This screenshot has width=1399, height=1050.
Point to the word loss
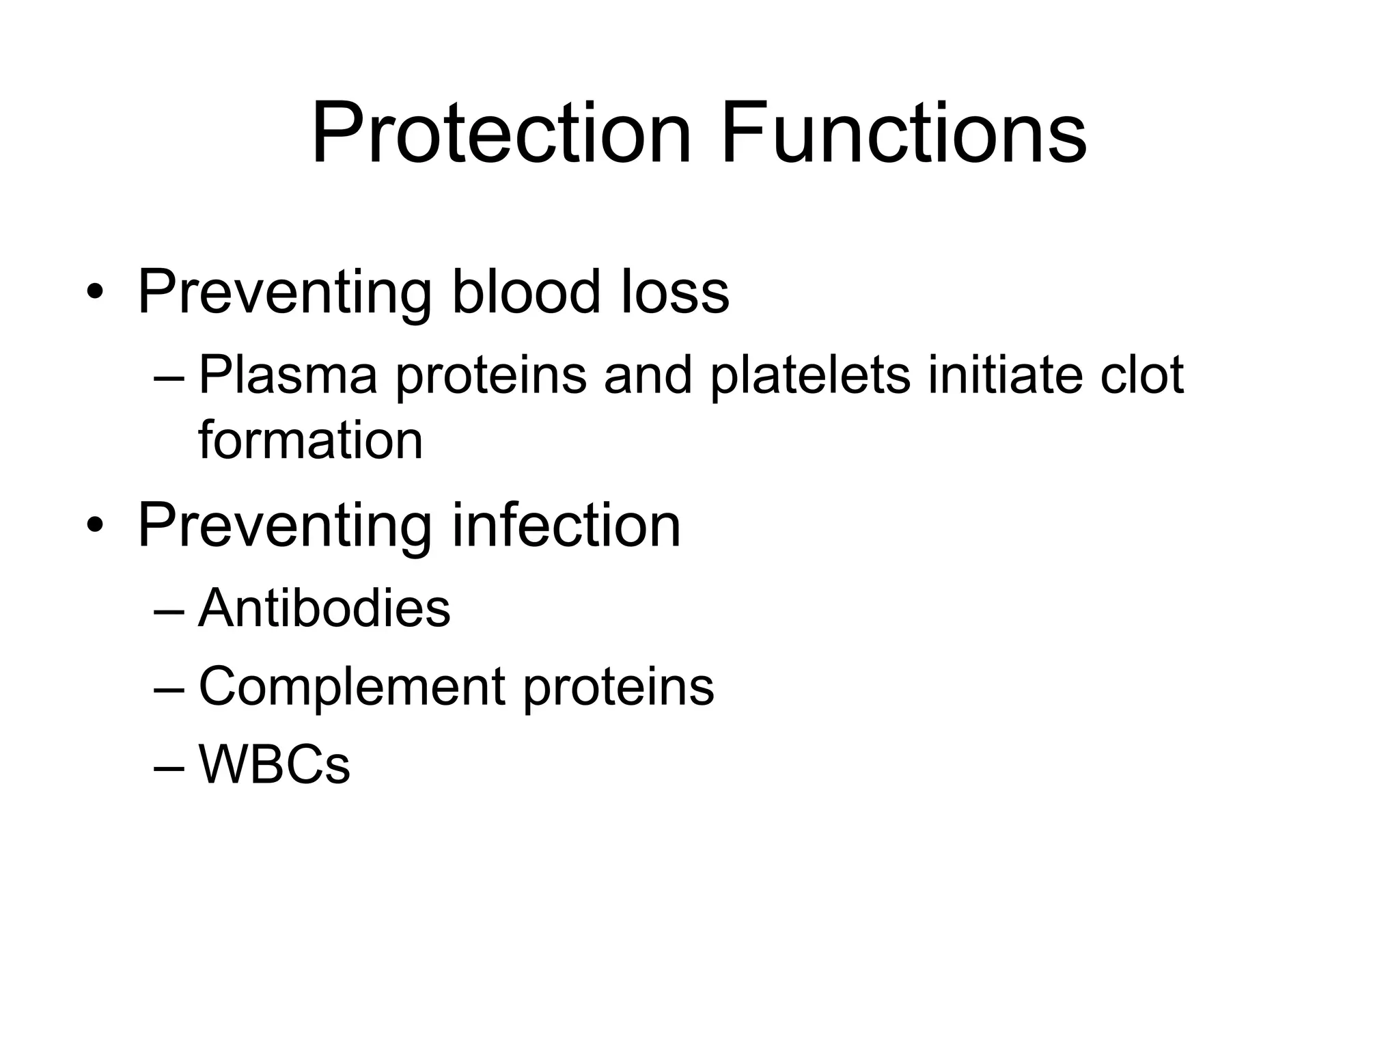tap(675, 293)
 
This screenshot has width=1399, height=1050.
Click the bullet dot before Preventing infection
tap(95, 526)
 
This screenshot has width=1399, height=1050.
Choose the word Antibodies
tap(324, 608)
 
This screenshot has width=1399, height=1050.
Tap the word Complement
tap(352, 687)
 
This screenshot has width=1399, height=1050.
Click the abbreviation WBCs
tap(274, 765)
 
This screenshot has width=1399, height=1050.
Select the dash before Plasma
tap(169, 378)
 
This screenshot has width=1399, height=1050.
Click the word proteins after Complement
tap(618, 687)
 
